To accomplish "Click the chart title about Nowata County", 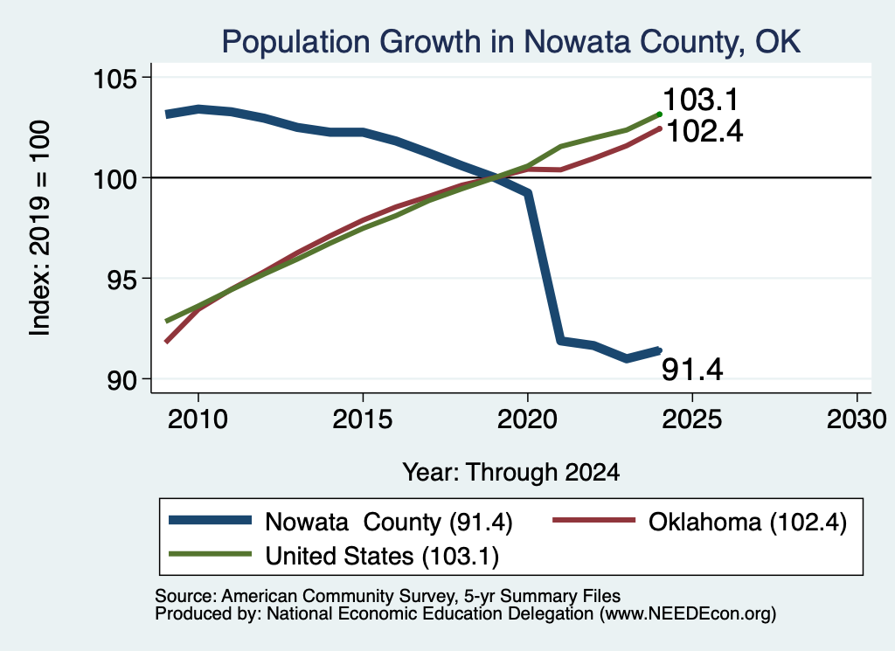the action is pyautogui.click(x=510, y=42).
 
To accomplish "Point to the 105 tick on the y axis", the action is pyautogui.click(x=115, y=78).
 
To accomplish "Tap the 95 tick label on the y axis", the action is pyautogui.click(x=122, y=279).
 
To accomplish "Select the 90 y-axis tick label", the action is pyautogui.click(x=122, y=380).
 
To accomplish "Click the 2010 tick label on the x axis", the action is pyautogui.click(x=198, y=420).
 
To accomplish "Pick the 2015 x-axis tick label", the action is pyautogui.click(x=363, y=420).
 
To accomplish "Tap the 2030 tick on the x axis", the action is pyautogui.click(x=857, y=420).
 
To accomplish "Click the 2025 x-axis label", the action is pyautogui.click(x=692, y=420).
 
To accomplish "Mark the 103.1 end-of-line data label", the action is pyautogui.click(x=701, y=100).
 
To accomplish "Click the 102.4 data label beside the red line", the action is pyautogui.click(x=705, y=132).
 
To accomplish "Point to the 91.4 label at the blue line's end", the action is pyautogui.click(x=692, y=370).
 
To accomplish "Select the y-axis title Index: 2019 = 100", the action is pyautogui.click(x=40, y=228).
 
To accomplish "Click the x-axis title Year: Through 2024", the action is pyautogui.click(x=510, y=473).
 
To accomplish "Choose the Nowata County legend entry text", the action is pyautogui.click(x=389, y=523).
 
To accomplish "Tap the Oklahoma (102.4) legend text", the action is pyautogui.click(x=747, y=523).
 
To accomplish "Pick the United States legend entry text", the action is pyautogui.click(x=382, y=557).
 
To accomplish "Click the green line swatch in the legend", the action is pyautogui.click(x=210, y=554).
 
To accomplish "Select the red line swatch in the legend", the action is pyautogui.click(x=594, y=520).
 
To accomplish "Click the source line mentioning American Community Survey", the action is pyautogui.click(x=387, y=596).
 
